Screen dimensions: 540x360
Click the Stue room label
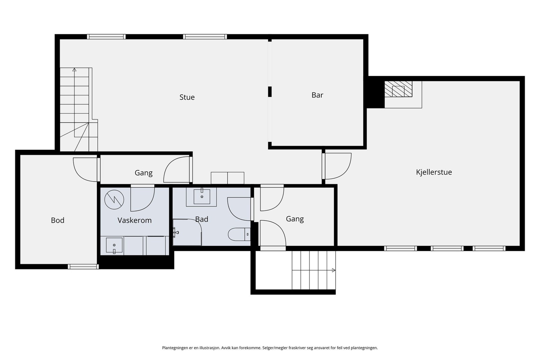187,97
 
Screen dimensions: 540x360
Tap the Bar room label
317,95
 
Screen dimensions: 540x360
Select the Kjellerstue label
434,172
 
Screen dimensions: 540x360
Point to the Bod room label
58,220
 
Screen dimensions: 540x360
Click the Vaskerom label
135,220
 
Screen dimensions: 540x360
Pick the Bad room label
201,219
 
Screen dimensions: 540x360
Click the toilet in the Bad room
239,234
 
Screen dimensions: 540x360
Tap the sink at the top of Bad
202,197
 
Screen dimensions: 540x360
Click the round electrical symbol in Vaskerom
114,199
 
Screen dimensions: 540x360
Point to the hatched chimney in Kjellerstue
398,89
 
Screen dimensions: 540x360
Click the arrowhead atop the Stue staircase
75,70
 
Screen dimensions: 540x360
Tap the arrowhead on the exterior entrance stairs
334,270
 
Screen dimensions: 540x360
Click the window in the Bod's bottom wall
83,267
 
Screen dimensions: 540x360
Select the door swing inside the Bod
85,170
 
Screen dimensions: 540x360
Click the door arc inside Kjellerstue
338,166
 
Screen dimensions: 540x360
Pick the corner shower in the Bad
187,232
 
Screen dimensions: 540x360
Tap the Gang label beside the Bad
295,219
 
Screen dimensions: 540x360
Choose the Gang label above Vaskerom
143,173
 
